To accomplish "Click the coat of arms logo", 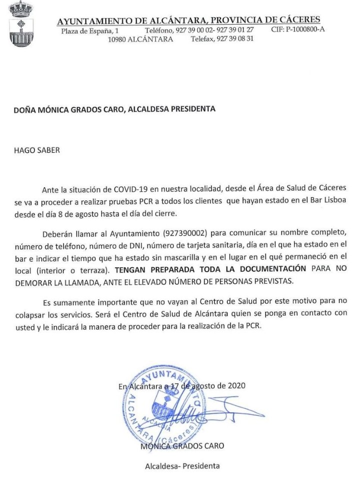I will pyautogui.click(x=20, y=24).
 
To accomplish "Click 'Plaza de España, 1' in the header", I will pyautogui.click(x=89, y=31).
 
